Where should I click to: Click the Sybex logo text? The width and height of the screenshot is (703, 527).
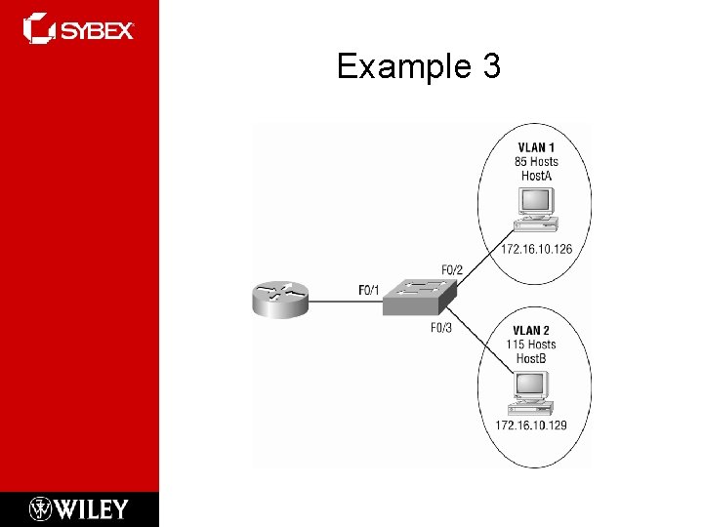pos(98,30)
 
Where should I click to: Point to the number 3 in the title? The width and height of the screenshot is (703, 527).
pos(490,66)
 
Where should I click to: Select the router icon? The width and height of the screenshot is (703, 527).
pos(279,298)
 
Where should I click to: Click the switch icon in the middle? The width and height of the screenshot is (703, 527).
pos(419,296)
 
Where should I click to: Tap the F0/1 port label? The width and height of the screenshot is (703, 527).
pos(368,290)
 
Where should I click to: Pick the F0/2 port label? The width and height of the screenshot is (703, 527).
pos(452,268)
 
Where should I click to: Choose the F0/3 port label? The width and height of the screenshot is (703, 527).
pos(441,328)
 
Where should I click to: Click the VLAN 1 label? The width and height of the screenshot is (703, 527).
pos(536,148)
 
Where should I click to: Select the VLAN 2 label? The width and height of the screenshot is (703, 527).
pos(531,331)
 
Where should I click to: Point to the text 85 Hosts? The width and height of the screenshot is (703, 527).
pos(536,162)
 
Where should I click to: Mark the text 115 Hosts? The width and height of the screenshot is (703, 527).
pos(531,345)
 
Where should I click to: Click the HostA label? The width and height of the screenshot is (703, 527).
pos(536,176)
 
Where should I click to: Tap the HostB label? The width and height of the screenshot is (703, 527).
pos(530,358)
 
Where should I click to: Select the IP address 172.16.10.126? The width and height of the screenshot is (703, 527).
pos(536,249)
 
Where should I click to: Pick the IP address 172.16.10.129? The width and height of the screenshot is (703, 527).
pos(531,426)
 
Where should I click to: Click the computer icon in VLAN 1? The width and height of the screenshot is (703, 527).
pos(536,207)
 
